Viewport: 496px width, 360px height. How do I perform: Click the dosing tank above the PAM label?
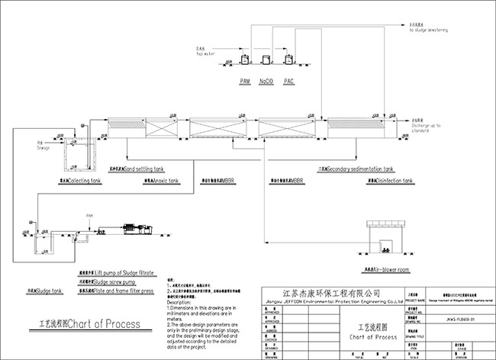tap(245, 59)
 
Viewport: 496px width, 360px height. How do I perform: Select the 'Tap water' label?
tap(202, 51)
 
